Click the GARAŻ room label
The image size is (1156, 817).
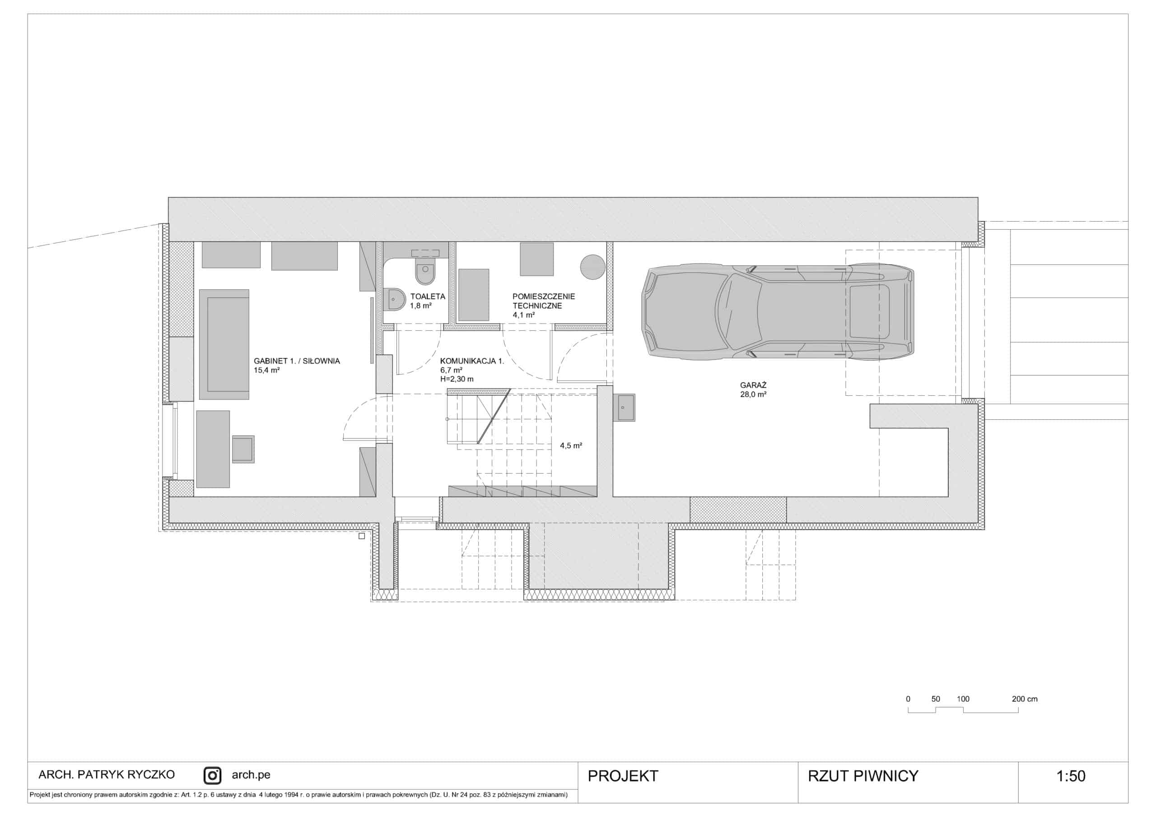753,385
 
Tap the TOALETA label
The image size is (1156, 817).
428,297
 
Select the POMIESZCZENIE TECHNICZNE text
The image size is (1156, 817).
544,301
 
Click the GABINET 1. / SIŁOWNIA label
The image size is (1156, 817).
297,361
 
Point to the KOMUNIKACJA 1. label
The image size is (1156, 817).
472,361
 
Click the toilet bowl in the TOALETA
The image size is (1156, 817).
425,272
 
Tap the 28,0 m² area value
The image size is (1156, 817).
753,395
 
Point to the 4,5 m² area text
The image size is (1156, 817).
571,446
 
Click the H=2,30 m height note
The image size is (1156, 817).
457,379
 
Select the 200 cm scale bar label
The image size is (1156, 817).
1025,699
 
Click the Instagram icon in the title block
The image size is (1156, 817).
213,776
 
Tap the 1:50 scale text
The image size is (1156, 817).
1071,776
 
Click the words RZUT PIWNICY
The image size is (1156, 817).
863,776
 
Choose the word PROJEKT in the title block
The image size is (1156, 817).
623,776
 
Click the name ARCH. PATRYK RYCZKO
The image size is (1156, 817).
107,775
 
